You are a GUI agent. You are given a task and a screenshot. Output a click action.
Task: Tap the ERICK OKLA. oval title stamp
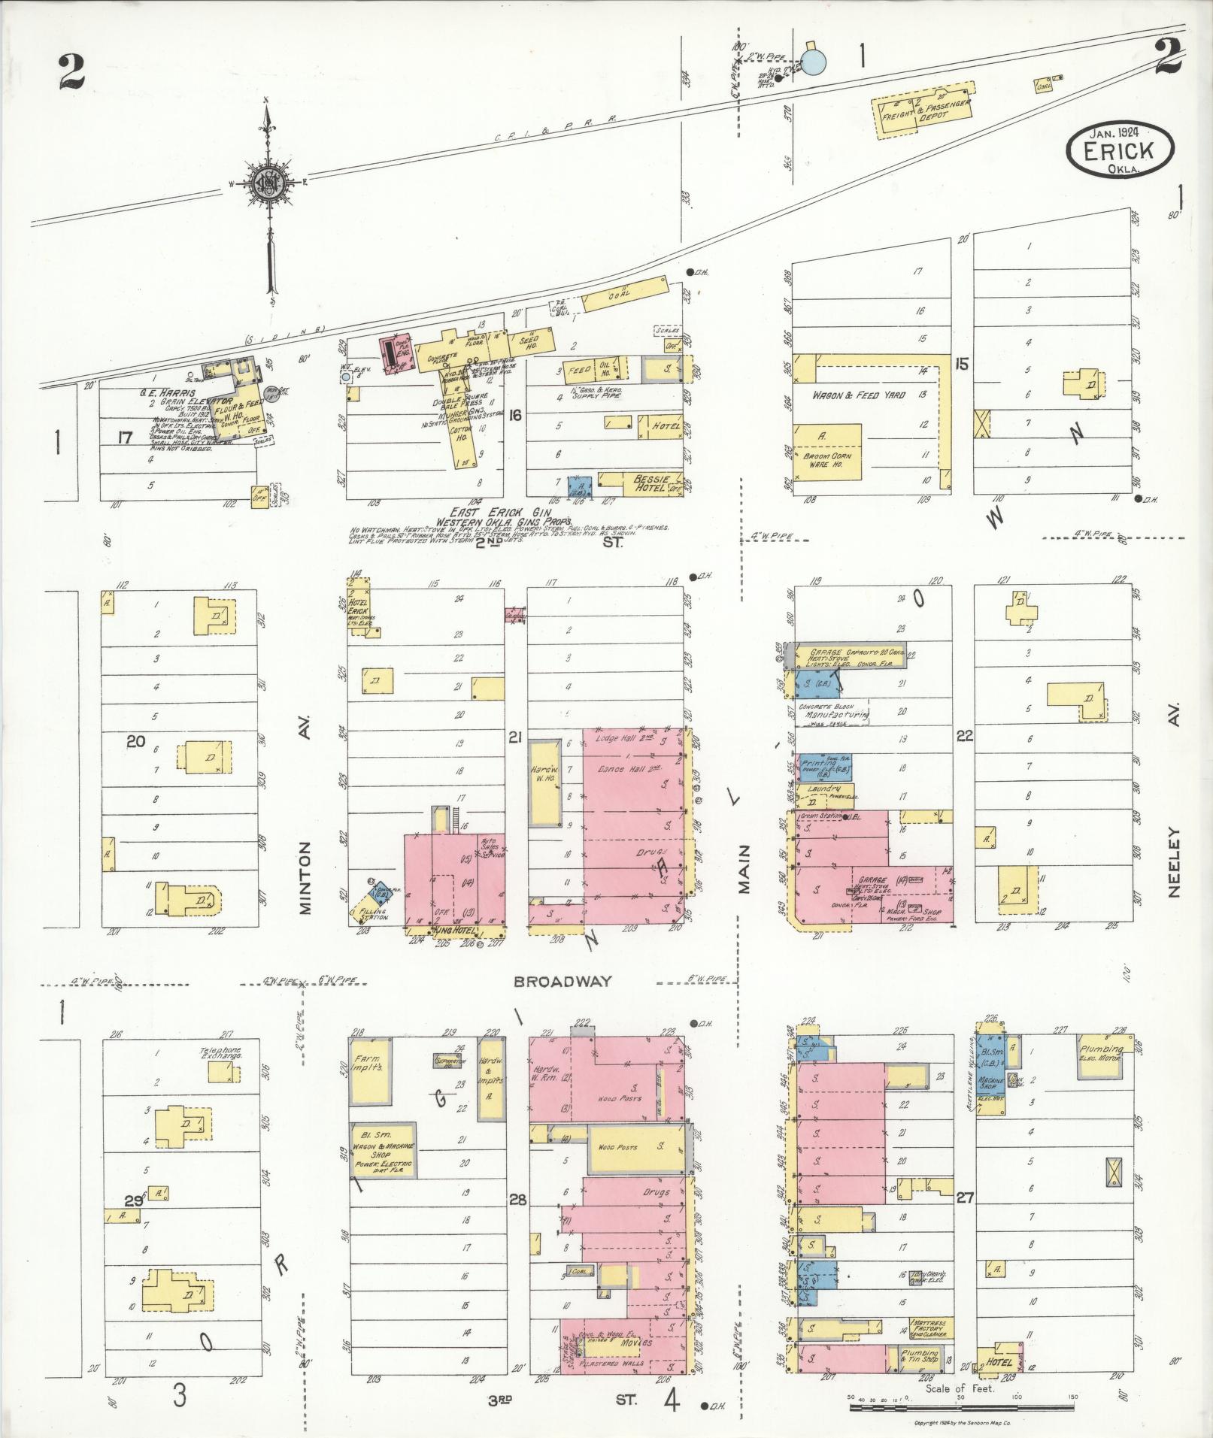pos(1119,150)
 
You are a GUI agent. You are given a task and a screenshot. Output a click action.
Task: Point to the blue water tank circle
pos(811,61)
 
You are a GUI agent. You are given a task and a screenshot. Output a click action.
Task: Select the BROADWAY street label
pos(563,982)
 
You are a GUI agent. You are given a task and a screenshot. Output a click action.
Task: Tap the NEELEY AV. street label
pos(1175,834)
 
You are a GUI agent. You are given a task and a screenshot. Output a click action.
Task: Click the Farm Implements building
pos(371,1071)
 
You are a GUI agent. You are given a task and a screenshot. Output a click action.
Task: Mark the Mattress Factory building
pos(930,1349)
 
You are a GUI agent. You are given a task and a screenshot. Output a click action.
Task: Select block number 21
pos(514,737)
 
